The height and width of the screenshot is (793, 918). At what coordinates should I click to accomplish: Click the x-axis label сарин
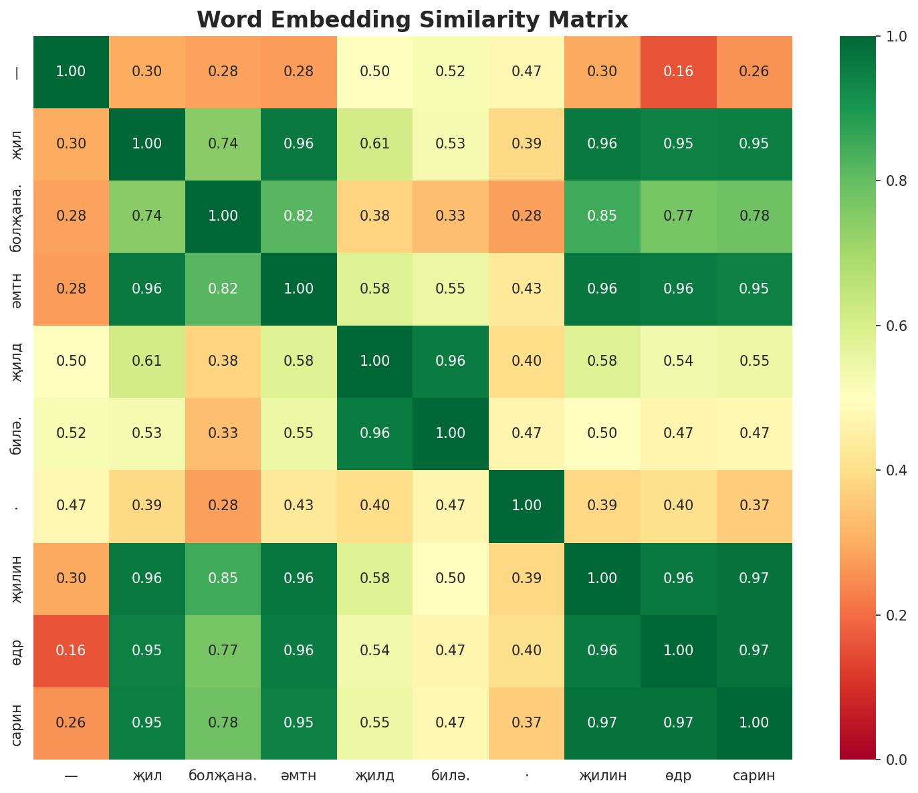tap(754, 776)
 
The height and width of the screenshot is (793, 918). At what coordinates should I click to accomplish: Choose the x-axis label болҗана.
tap(223, 776)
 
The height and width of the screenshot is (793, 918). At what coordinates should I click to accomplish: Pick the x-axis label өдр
tap(678, 776)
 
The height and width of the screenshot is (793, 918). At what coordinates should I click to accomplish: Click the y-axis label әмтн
tap(17, 289)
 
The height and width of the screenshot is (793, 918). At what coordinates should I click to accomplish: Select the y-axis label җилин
tap(17, 578)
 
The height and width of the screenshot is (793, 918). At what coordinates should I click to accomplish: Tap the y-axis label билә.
tap(17, 433)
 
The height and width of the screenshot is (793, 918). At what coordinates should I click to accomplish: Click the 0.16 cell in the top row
tap(678, 72)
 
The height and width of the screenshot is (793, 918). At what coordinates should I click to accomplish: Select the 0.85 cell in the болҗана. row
tap(602, 216)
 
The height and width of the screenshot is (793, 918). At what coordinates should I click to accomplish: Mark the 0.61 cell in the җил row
tap(374, 144)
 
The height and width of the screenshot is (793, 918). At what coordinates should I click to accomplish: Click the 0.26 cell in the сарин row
tap(71, 723)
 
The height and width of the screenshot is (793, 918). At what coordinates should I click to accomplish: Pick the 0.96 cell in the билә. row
tap(374, 433)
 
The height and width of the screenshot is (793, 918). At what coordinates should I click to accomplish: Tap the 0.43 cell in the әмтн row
tap(526, 289)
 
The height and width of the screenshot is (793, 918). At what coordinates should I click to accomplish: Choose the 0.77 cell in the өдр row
tap(223, 651)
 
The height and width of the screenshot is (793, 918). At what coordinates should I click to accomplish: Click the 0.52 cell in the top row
tap(451, 72)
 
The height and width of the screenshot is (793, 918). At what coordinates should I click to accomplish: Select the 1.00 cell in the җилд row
tap(374, 361)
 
